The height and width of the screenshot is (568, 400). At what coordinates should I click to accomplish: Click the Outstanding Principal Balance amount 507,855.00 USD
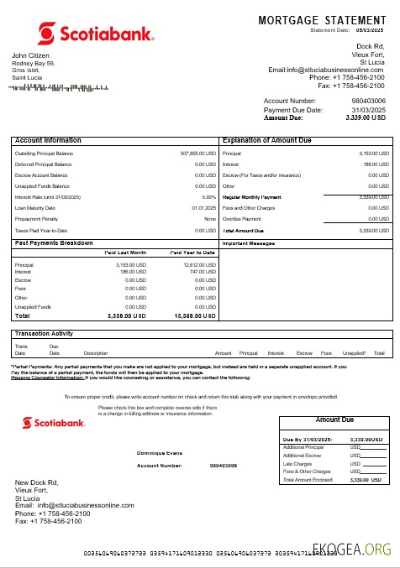tap(198, 154)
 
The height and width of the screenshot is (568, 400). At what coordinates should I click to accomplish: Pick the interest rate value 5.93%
tap(209, 197)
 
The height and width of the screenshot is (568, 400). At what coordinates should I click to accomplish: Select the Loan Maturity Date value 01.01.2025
tap(204, 208)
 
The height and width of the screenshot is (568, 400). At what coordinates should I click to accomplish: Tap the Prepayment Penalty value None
tap(210, 219)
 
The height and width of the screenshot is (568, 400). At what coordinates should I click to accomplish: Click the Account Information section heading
tap(49, 140)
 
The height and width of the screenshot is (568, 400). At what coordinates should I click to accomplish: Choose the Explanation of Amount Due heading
tap(266, 140)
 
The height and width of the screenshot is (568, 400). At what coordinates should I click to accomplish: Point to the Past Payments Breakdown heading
tap(54, 242)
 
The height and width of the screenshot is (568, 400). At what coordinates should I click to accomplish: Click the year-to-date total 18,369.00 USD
tap(192, 316)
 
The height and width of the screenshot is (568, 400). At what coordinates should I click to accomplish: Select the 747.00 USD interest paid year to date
tap(202, 272)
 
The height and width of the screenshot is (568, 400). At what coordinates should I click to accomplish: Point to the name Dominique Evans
tap(160, 453)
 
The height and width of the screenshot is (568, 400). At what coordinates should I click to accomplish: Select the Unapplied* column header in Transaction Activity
tap(354, 353)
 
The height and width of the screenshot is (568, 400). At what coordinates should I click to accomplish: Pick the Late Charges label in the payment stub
tap(296, 464)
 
